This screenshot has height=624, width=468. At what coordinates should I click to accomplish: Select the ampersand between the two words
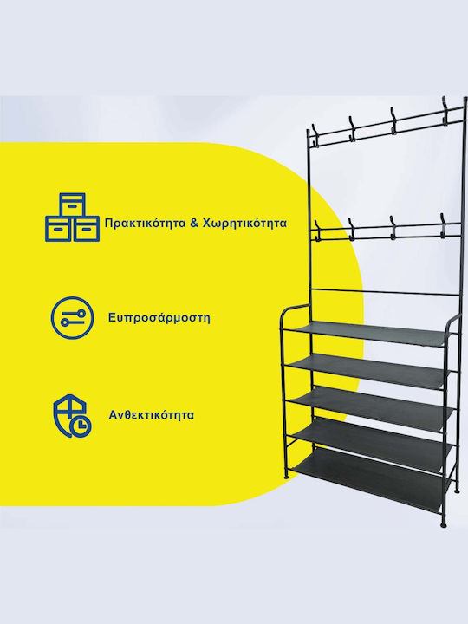point(194,223)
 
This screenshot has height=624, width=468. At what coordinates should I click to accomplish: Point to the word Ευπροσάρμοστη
point(159,318)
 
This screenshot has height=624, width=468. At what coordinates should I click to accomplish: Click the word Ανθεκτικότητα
point(151,415)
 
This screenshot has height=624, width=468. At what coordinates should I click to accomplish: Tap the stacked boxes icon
point(73,218)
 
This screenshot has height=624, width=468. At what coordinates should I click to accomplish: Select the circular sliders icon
point(72,317)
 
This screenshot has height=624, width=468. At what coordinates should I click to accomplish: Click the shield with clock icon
point(72,416)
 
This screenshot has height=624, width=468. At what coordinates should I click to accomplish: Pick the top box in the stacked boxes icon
point(72,205)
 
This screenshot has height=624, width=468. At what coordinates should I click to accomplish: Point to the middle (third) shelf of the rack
point(369,408)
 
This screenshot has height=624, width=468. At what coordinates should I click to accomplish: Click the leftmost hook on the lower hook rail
point(317,230)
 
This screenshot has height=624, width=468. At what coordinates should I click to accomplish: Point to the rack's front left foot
point(284,477)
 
